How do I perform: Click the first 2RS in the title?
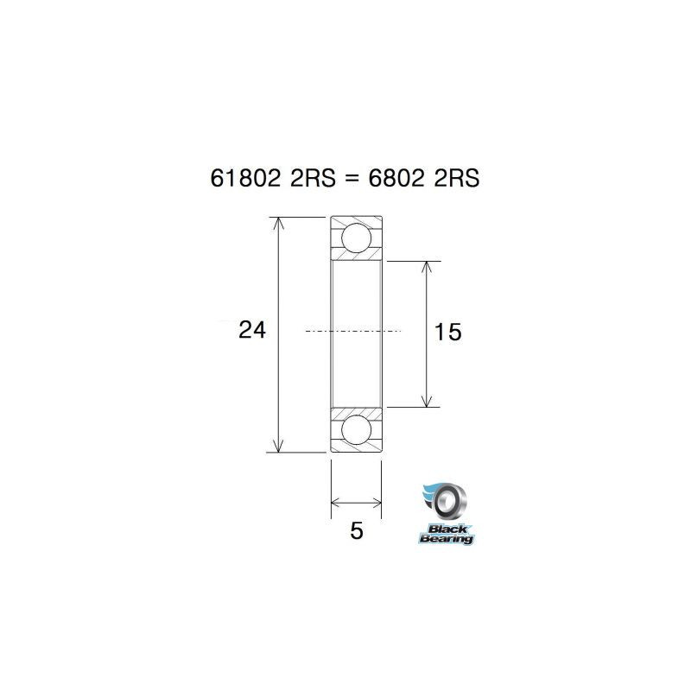pos(309,178)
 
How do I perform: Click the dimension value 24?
pos(252,329)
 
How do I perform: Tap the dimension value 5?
pos(357,530)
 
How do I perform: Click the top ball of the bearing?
pos(356,238)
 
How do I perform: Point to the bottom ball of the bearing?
pos(356,429)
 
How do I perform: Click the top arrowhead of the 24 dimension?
pos(277,224)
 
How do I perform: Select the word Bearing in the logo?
pos(446,539)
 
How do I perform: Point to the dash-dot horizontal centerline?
pos(354,331)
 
